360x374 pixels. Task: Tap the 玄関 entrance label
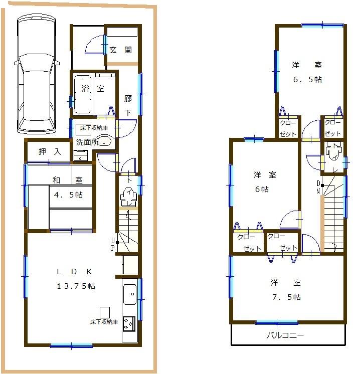121,50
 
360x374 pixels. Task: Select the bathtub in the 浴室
82,94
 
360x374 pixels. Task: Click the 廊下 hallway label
128,106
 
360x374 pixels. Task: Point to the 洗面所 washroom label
86,142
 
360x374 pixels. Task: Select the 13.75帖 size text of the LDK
76,286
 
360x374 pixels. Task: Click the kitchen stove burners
129,324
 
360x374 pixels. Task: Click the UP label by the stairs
113,244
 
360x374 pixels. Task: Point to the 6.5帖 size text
307,79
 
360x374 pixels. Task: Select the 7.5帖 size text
286,297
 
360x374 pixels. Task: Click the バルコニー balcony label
285,336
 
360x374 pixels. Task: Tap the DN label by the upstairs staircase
318,187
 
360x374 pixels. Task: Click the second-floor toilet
332,152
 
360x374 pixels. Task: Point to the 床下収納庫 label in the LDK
104,321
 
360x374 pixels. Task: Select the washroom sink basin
104,141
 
